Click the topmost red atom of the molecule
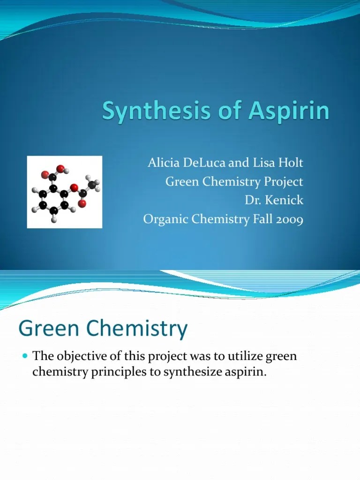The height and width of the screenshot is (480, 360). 60,168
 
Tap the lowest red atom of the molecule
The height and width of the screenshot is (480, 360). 82,203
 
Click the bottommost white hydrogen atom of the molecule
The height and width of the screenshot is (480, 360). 54,219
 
